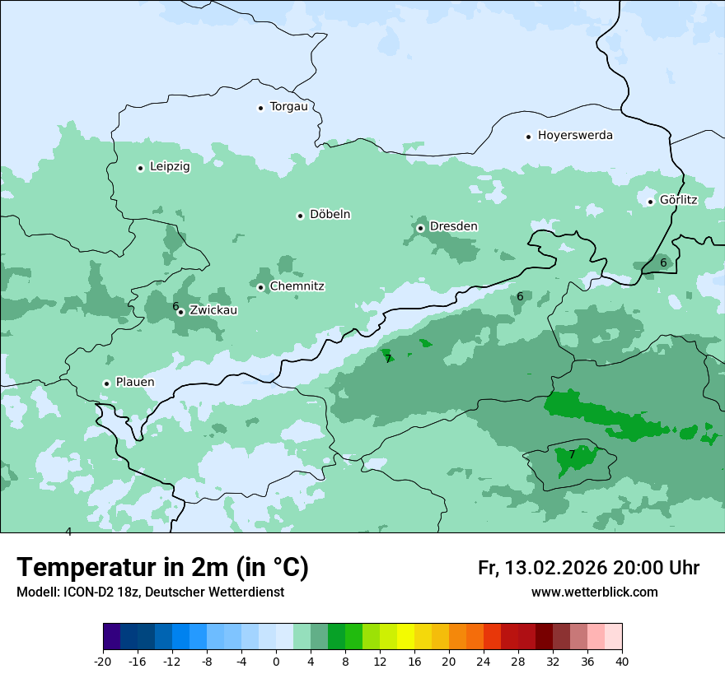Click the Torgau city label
[x=288, y=107]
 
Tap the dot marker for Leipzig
[x=141, y=168]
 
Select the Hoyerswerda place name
[x=575, y=136]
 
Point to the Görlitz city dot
[x=650, y=202]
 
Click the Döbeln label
[x=330, y=215]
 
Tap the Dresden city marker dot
[x=420, y=228]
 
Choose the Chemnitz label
[x=297, y=286]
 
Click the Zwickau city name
[x=213, y=311]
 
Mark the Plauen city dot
[x=106, y=383]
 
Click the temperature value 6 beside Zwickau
[x=175, y=306]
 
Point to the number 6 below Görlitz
[x=663, y=263]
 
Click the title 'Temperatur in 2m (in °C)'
[x=163, y=568]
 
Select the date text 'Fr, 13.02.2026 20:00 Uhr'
[x=588, y=568]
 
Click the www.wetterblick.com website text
[x=594, y=592]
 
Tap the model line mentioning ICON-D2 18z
[x=150, y=592]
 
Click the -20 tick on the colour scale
[x=103, y=662]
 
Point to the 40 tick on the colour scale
[x=622, y=662]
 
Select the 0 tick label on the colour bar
[x=276, y=662]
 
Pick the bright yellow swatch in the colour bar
[x=405, y=637]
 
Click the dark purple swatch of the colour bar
[x=111, y=637]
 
